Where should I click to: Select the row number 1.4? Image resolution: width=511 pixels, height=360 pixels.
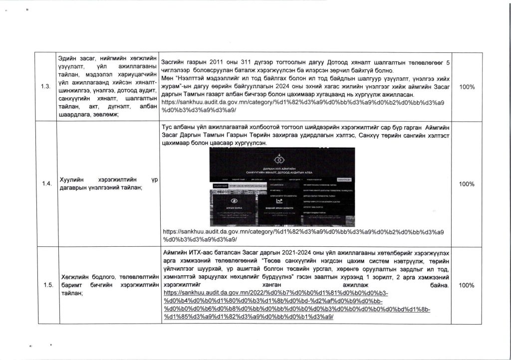[46, 184]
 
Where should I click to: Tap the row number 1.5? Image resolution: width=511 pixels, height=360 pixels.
[47, 285]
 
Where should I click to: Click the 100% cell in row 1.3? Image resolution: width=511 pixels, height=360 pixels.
[466, 87]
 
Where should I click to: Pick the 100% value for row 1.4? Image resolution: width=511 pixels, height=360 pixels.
[466, 184]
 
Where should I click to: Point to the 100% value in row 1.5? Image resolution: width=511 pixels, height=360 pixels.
[466, 285]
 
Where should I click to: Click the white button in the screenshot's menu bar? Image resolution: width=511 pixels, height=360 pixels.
[344, 179]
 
